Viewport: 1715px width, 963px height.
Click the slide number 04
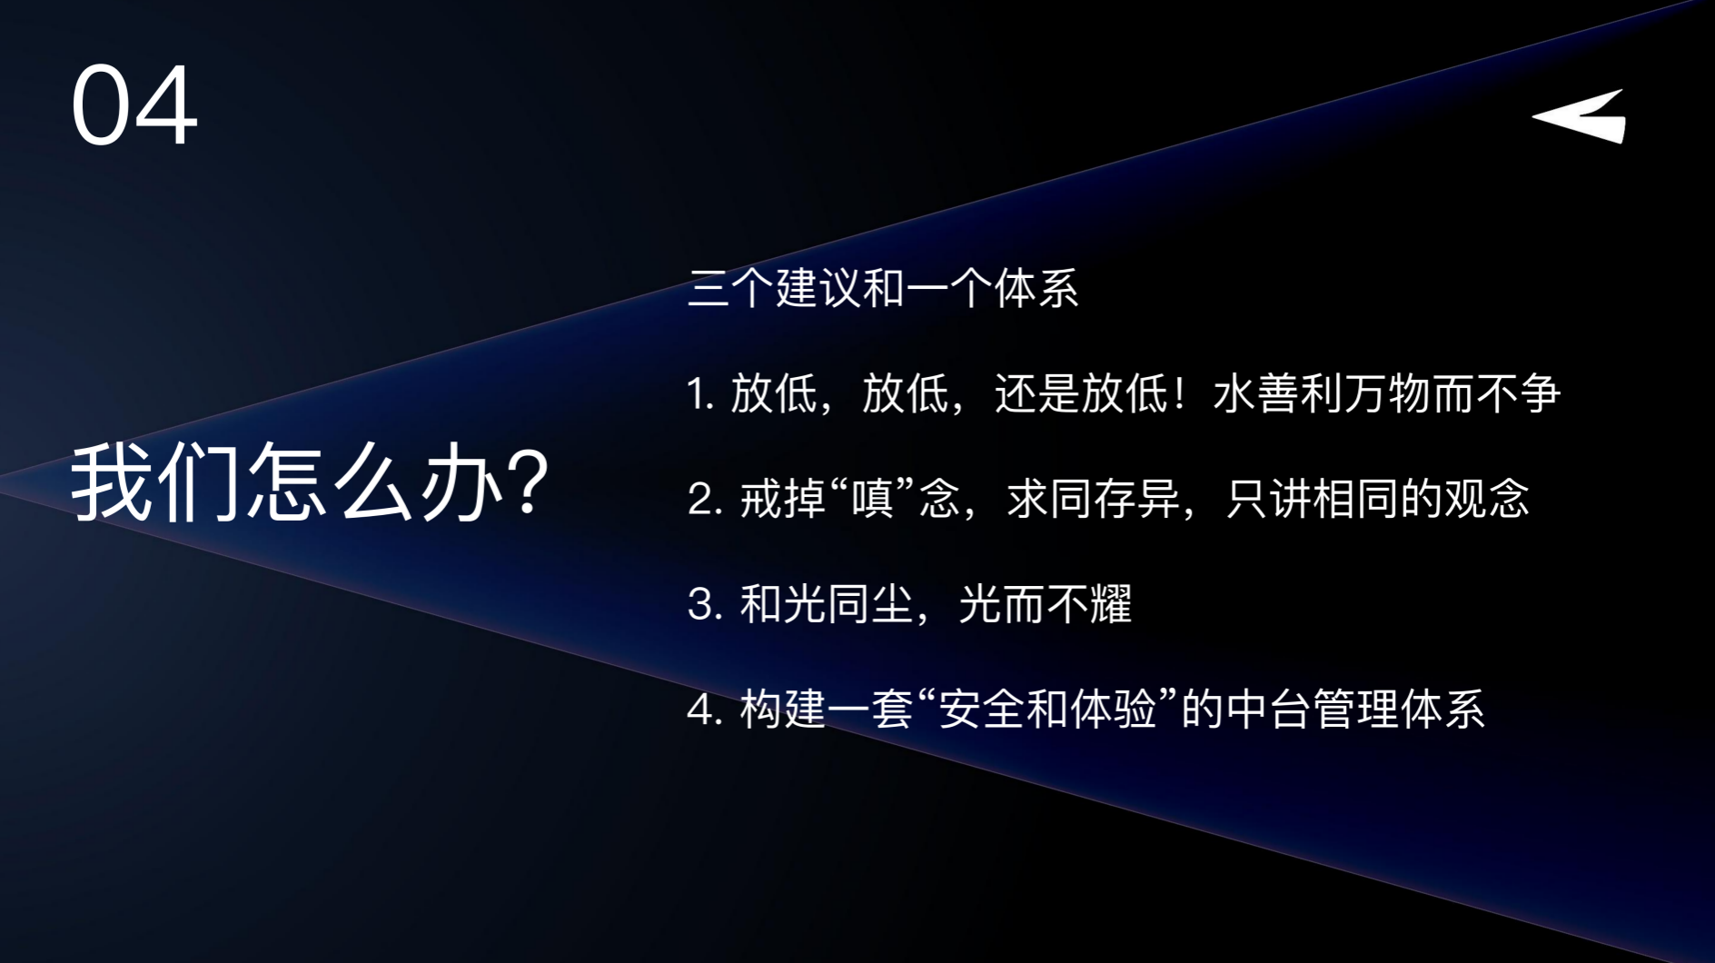[134, 105]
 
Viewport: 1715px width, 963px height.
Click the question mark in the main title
[527, 481]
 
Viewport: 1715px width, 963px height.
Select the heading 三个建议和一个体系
[883, 289]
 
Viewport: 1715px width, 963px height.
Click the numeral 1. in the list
[701, 394]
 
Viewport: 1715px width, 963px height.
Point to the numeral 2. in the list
[705, 500]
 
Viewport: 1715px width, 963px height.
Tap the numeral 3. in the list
[705, 604]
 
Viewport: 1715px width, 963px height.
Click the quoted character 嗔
[872, 499]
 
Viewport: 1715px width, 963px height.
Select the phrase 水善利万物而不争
[1387, 394]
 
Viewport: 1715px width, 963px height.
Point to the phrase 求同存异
[1093, 499]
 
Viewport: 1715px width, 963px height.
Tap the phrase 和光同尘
[827, 604]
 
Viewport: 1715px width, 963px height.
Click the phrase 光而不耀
[1045, 604]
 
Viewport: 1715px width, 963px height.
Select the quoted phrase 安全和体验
[1047, 709]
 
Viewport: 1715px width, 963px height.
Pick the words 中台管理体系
[1355, 709]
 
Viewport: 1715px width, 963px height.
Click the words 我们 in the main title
[156, 481]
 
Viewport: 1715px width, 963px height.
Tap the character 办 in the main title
[461, 481]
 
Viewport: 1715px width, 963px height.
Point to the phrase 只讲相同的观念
[1377, 499]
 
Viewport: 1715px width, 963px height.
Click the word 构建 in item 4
[783, 709]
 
